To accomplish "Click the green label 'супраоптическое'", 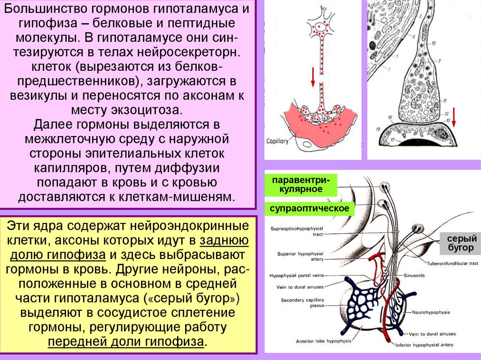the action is click(309, 208).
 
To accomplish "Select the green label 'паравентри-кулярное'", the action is click(301, 185).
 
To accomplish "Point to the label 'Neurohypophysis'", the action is click(431, 312).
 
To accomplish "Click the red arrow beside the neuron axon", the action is click(312, 77).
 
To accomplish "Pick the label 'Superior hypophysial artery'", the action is click(299, 256).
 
